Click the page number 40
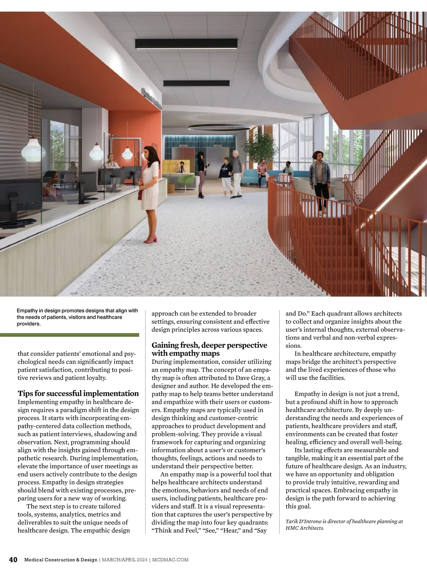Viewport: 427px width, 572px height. [13, 560]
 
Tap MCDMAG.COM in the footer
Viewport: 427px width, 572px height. [170, 560]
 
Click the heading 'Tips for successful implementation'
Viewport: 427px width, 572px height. [78, 394]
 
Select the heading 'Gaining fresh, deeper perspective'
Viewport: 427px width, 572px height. [209, 345]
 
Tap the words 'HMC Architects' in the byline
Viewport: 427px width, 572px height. [305, 528]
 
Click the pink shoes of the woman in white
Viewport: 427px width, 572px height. [151, 240]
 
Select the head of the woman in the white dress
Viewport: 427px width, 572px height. [149, 152]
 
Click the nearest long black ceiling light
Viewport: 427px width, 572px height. [186, 44]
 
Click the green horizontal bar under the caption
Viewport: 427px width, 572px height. [69, 335]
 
